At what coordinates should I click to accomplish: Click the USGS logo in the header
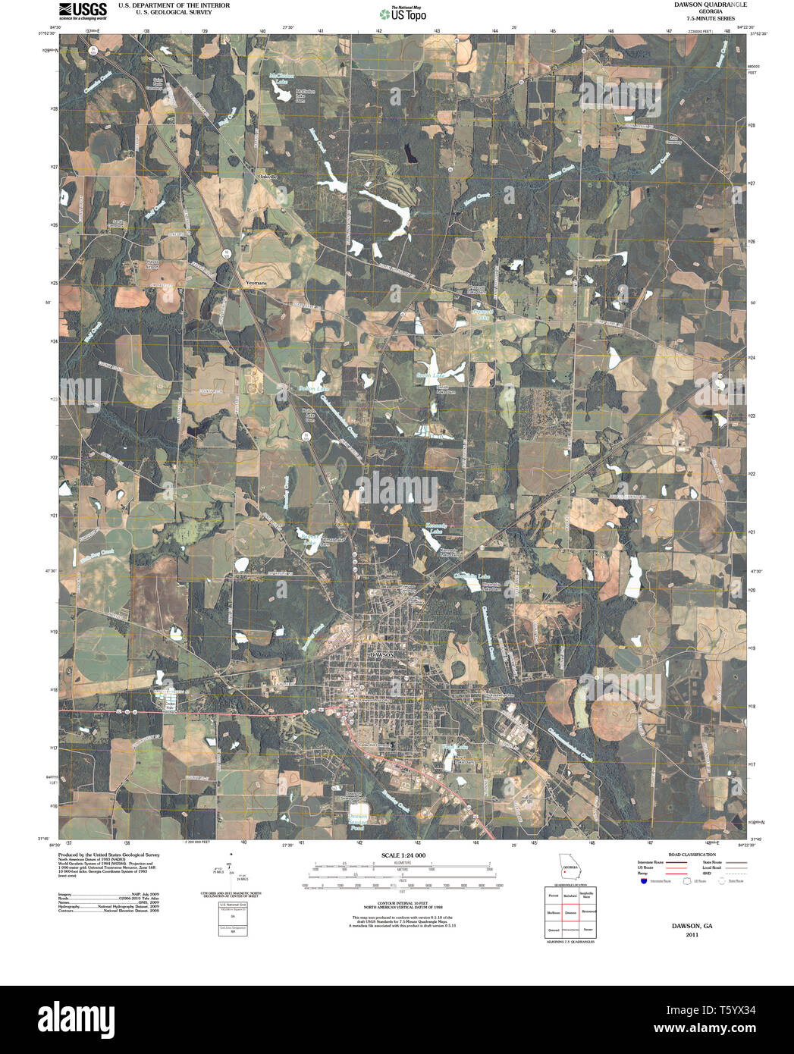[x=83, y=10]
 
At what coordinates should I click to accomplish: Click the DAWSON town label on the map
[x=382, y=653]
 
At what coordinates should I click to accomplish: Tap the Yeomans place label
[x=256, y=282]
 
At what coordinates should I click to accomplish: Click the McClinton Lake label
[x=282, y=78]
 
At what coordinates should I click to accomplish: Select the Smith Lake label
[x=428, y=375]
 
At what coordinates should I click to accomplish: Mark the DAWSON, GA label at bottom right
[x=691, y=926]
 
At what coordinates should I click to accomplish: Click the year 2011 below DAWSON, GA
[x=691, y=935]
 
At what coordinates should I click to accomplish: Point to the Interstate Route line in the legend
[x=676, y=863]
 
